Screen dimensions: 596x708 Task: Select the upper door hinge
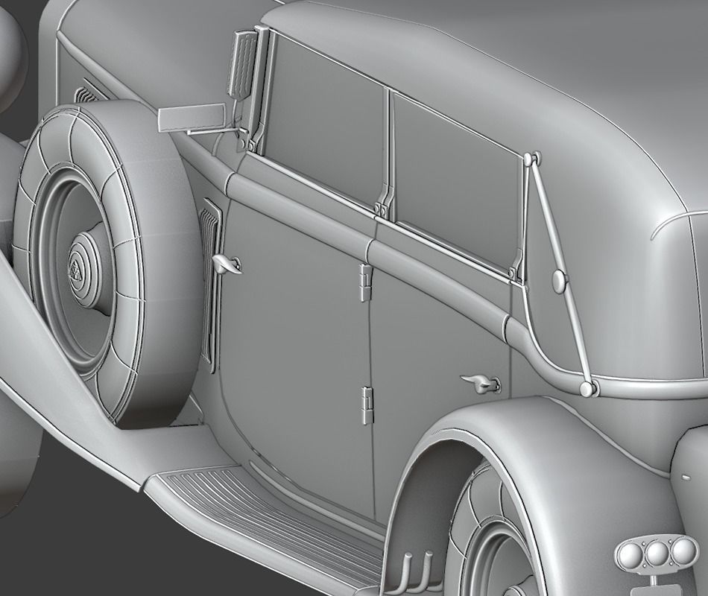364,281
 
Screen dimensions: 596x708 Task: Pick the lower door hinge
366,405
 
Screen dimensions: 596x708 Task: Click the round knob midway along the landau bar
559,280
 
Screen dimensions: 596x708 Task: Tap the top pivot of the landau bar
531,159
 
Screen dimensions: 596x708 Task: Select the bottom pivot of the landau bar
587,388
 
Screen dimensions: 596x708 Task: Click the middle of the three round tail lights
657,553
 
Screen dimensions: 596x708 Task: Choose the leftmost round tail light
632,554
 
